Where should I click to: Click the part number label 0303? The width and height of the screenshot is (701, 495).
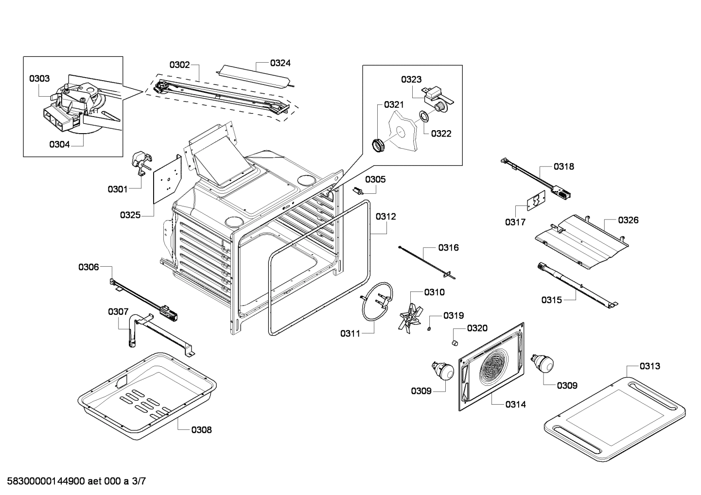39,78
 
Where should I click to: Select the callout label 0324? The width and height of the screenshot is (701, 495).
280,63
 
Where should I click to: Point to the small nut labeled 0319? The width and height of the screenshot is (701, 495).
429,330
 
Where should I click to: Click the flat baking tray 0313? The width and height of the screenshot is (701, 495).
614,417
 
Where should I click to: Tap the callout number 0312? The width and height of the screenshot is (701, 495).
386,216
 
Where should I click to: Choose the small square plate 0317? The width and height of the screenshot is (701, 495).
536,201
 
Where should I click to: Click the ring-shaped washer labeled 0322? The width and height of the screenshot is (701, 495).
424,116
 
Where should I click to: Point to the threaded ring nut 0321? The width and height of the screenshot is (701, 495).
379,145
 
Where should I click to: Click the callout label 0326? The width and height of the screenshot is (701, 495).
628,220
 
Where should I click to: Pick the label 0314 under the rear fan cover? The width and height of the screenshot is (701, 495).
515,404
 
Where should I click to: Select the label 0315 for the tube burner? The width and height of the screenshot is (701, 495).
552,300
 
